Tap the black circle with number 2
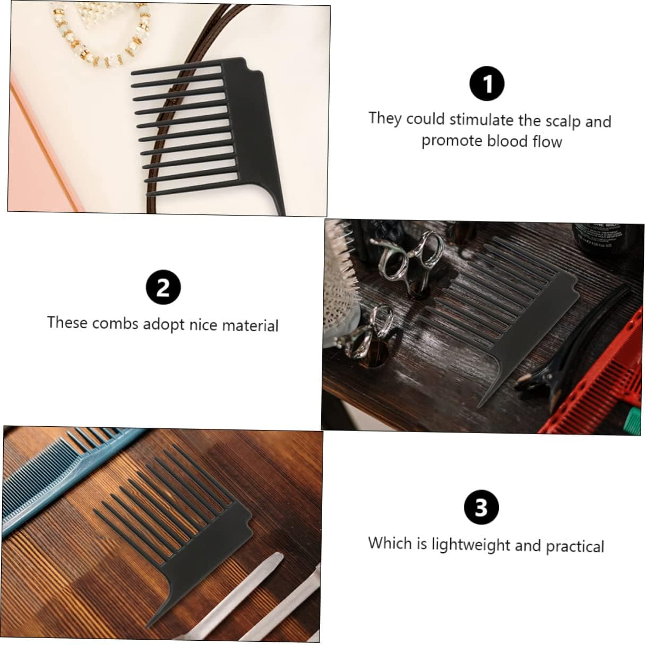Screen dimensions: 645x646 pyautogui.click(x=163, y=287)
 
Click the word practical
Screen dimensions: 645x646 pyautogui.click(x=575, y=546)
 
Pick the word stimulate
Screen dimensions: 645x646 pyautogui.click(x=482, y=119)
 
